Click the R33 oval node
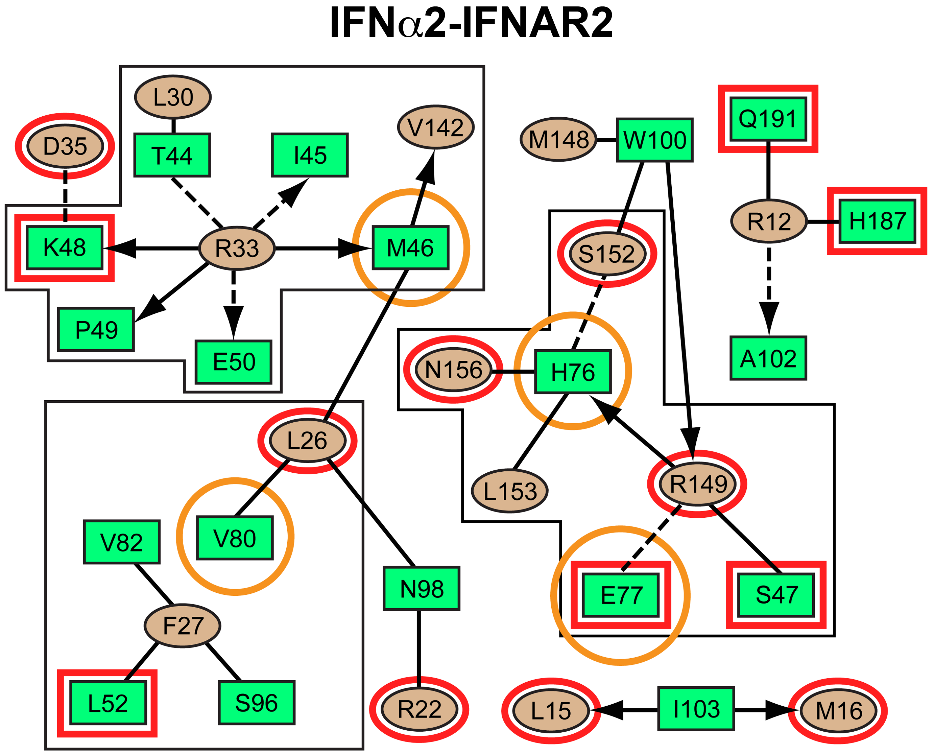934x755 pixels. (x=237, y=248)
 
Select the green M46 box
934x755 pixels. (x=410, y=248)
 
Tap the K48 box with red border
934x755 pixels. (x=65, y=247)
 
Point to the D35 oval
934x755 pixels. (x=65, y=146)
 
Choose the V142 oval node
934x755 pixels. (x=436, y=127)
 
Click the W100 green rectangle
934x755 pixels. (x=655, y=140)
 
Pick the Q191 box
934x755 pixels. (x=768, y=119)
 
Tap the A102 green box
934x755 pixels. (x=768, y=358)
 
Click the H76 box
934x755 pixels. (x=573, y=372)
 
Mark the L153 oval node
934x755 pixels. (x=510, y=491)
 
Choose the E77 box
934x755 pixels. (x=621, y=595)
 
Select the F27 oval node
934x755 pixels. (x=183, y=626)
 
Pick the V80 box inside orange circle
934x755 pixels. (x=235, y=538)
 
